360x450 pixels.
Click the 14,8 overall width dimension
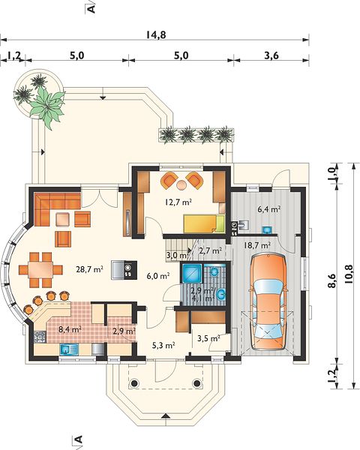point(156,34)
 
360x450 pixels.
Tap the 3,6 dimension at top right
point(271,55)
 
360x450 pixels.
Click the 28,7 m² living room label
point(89,269)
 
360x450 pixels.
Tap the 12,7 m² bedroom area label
point(178,202)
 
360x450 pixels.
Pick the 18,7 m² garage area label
point(257,245)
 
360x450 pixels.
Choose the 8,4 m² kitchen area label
point(70,329)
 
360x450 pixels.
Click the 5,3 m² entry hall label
point(164,345)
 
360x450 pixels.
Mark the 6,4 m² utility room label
point(268,209)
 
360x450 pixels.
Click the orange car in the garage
point(268,301)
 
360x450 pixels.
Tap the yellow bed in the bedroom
point(204,223)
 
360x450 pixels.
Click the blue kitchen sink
point(69,349)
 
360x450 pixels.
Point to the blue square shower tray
point(191,273)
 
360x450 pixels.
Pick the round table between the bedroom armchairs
point(181,185)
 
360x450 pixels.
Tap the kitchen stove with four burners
point(40,337)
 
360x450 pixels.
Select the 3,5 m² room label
point(208,338)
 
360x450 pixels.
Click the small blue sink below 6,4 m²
point(268,230)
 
